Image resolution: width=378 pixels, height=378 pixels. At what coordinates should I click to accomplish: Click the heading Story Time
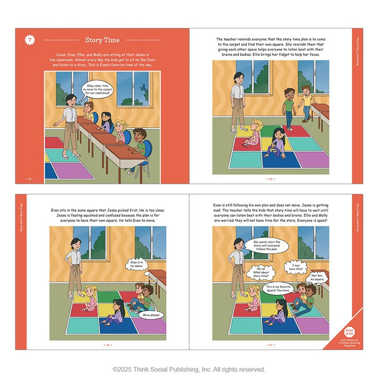[103, 40]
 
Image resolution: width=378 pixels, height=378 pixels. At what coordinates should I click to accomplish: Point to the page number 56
[108, 345]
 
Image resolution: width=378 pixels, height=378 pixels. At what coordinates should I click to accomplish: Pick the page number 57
[271, 345]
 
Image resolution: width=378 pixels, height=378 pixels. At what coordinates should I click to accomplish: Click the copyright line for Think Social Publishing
[189, 369]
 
